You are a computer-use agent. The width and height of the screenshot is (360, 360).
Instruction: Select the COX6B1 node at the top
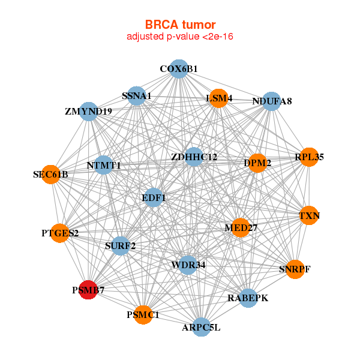tap(178, 69)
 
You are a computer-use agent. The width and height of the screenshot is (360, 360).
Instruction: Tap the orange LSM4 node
tap(219, 99)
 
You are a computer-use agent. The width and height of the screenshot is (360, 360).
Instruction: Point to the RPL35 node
tap(308, 157)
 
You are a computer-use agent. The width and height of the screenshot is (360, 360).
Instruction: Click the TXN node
tap(309, 215)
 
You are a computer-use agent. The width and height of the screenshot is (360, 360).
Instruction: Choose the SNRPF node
tap(295, 269)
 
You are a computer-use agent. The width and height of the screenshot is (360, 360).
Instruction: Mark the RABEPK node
tap(248, 298)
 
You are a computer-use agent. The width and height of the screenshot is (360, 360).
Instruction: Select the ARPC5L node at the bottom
tap(201, 327)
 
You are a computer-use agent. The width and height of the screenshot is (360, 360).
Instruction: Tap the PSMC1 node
tap(143, 314)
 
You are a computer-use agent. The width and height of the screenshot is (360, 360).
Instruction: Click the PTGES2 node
tap(60, 233)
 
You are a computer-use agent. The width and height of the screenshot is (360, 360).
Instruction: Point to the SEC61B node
tap(51, 175)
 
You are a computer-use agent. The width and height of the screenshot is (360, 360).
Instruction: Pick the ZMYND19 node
tap(89, 111)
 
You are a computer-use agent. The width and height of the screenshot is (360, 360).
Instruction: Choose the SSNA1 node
tap(137, 96)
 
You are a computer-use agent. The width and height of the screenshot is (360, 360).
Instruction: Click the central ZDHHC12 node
tap(193, 157)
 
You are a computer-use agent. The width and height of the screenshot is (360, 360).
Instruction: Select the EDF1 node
tap(154, 197)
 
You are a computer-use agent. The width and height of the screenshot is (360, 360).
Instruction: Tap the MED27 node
tap(241, 227)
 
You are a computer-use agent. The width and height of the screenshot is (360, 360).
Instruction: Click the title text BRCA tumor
tap(179, 25)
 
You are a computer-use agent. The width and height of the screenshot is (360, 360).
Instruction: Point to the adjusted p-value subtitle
tap(179, 37)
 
